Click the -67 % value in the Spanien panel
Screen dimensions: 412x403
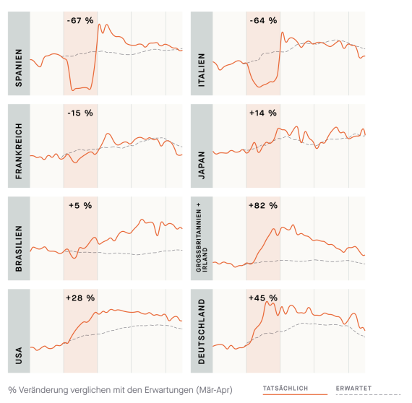pos(80,20)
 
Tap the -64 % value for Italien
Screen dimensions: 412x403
pos(263,20)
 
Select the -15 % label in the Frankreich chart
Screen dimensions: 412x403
pos(80,113)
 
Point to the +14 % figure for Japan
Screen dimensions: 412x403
pos(263,113)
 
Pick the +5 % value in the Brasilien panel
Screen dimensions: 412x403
pos(80,206)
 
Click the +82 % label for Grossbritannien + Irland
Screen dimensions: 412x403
pos(263,206)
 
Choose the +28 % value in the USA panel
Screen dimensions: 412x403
pos(80,298)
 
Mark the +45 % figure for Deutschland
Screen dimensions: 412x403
pos(263,298)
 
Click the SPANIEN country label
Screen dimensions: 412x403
pos(19,68)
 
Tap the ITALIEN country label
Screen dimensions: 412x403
pos(201,70)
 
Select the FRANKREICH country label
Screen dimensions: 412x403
pos(19,151)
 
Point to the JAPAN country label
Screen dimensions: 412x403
pos(201,165)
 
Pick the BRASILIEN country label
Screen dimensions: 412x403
pos(19,248)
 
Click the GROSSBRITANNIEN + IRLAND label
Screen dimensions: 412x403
pos(202,237)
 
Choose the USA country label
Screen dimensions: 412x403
pos(19,355)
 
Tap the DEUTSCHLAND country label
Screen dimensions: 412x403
pos(201,331)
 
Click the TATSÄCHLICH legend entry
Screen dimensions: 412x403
pos(286,389)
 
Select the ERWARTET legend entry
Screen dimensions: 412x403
pos(353,389)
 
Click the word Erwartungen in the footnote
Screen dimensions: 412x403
pos(168,390)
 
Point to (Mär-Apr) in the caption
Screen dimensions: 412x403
pos(214,390)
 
